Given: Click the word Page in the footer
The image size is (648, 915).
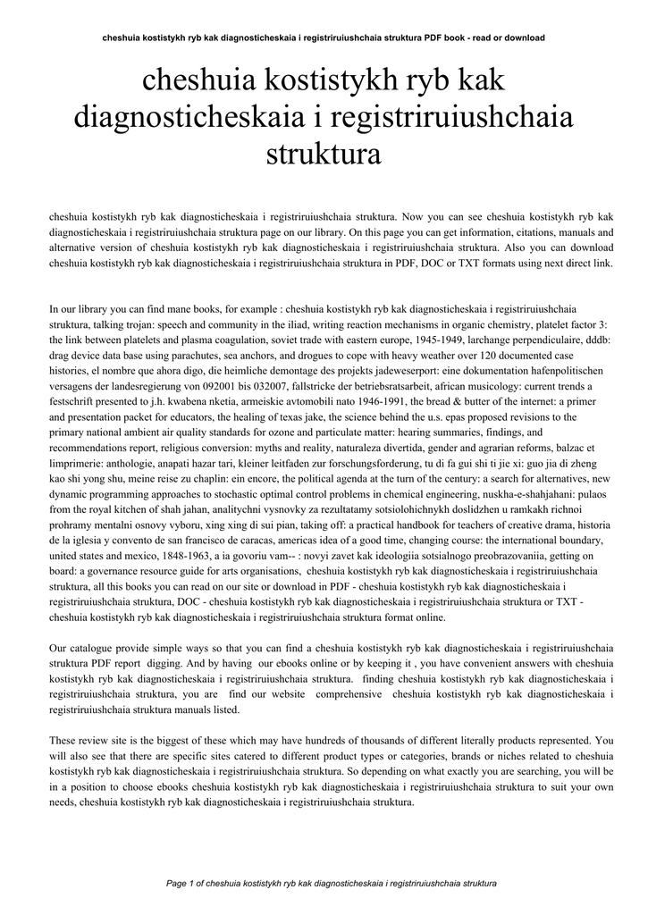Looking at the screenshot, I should (176, 883).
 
